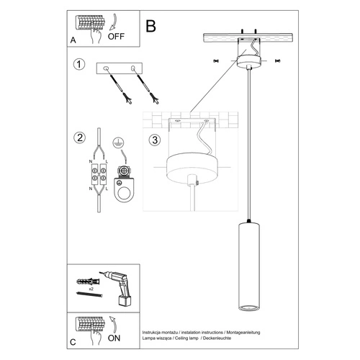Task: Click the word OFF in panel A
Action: [x=116, y=37]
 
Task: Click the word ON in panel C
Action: [x=114, y=338]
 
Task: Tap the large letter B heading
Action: [x=150, y=26]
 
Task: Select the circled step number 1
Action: [x=79, y=64]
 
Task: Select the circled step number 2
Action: [x=79, y=138]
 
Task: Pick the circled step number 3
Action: [x=155, y=140]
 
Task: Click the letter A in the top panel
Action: [x=73, y=40]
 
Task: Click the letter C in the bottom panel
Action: [x=73, y=342]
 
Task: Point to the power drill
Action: [x=117, y=288]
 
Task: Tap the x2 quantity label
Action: [x=91, y=289]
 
